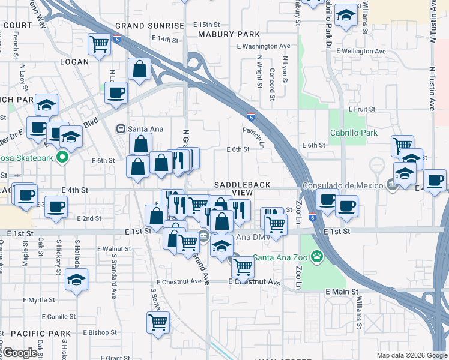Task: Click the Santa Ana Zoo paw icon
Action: pos(316,258)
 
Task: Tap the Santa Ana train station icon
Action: pos(120,128)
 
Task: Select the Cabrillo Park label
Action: pos(354,133)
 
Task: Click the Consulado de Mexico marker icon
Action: pos(393,185)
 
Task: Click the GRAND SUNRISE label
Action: pos(149,26)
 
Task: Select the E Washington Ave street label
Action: pos(264,46)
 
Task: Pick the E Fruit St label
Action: pos(361,110)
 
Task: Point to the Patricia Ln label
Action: pos(253,137)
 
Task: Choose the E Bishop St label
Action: pos(100,332)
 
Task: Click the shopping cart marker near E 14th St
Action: pos(99,43)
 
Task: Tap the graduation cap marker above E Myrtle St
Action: pos(76,280)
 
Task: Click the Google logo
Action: pos(20,353)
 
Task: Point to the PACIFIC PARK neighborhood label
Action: pos(41,333)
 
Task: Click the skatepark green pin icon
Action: pos(61,158)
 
